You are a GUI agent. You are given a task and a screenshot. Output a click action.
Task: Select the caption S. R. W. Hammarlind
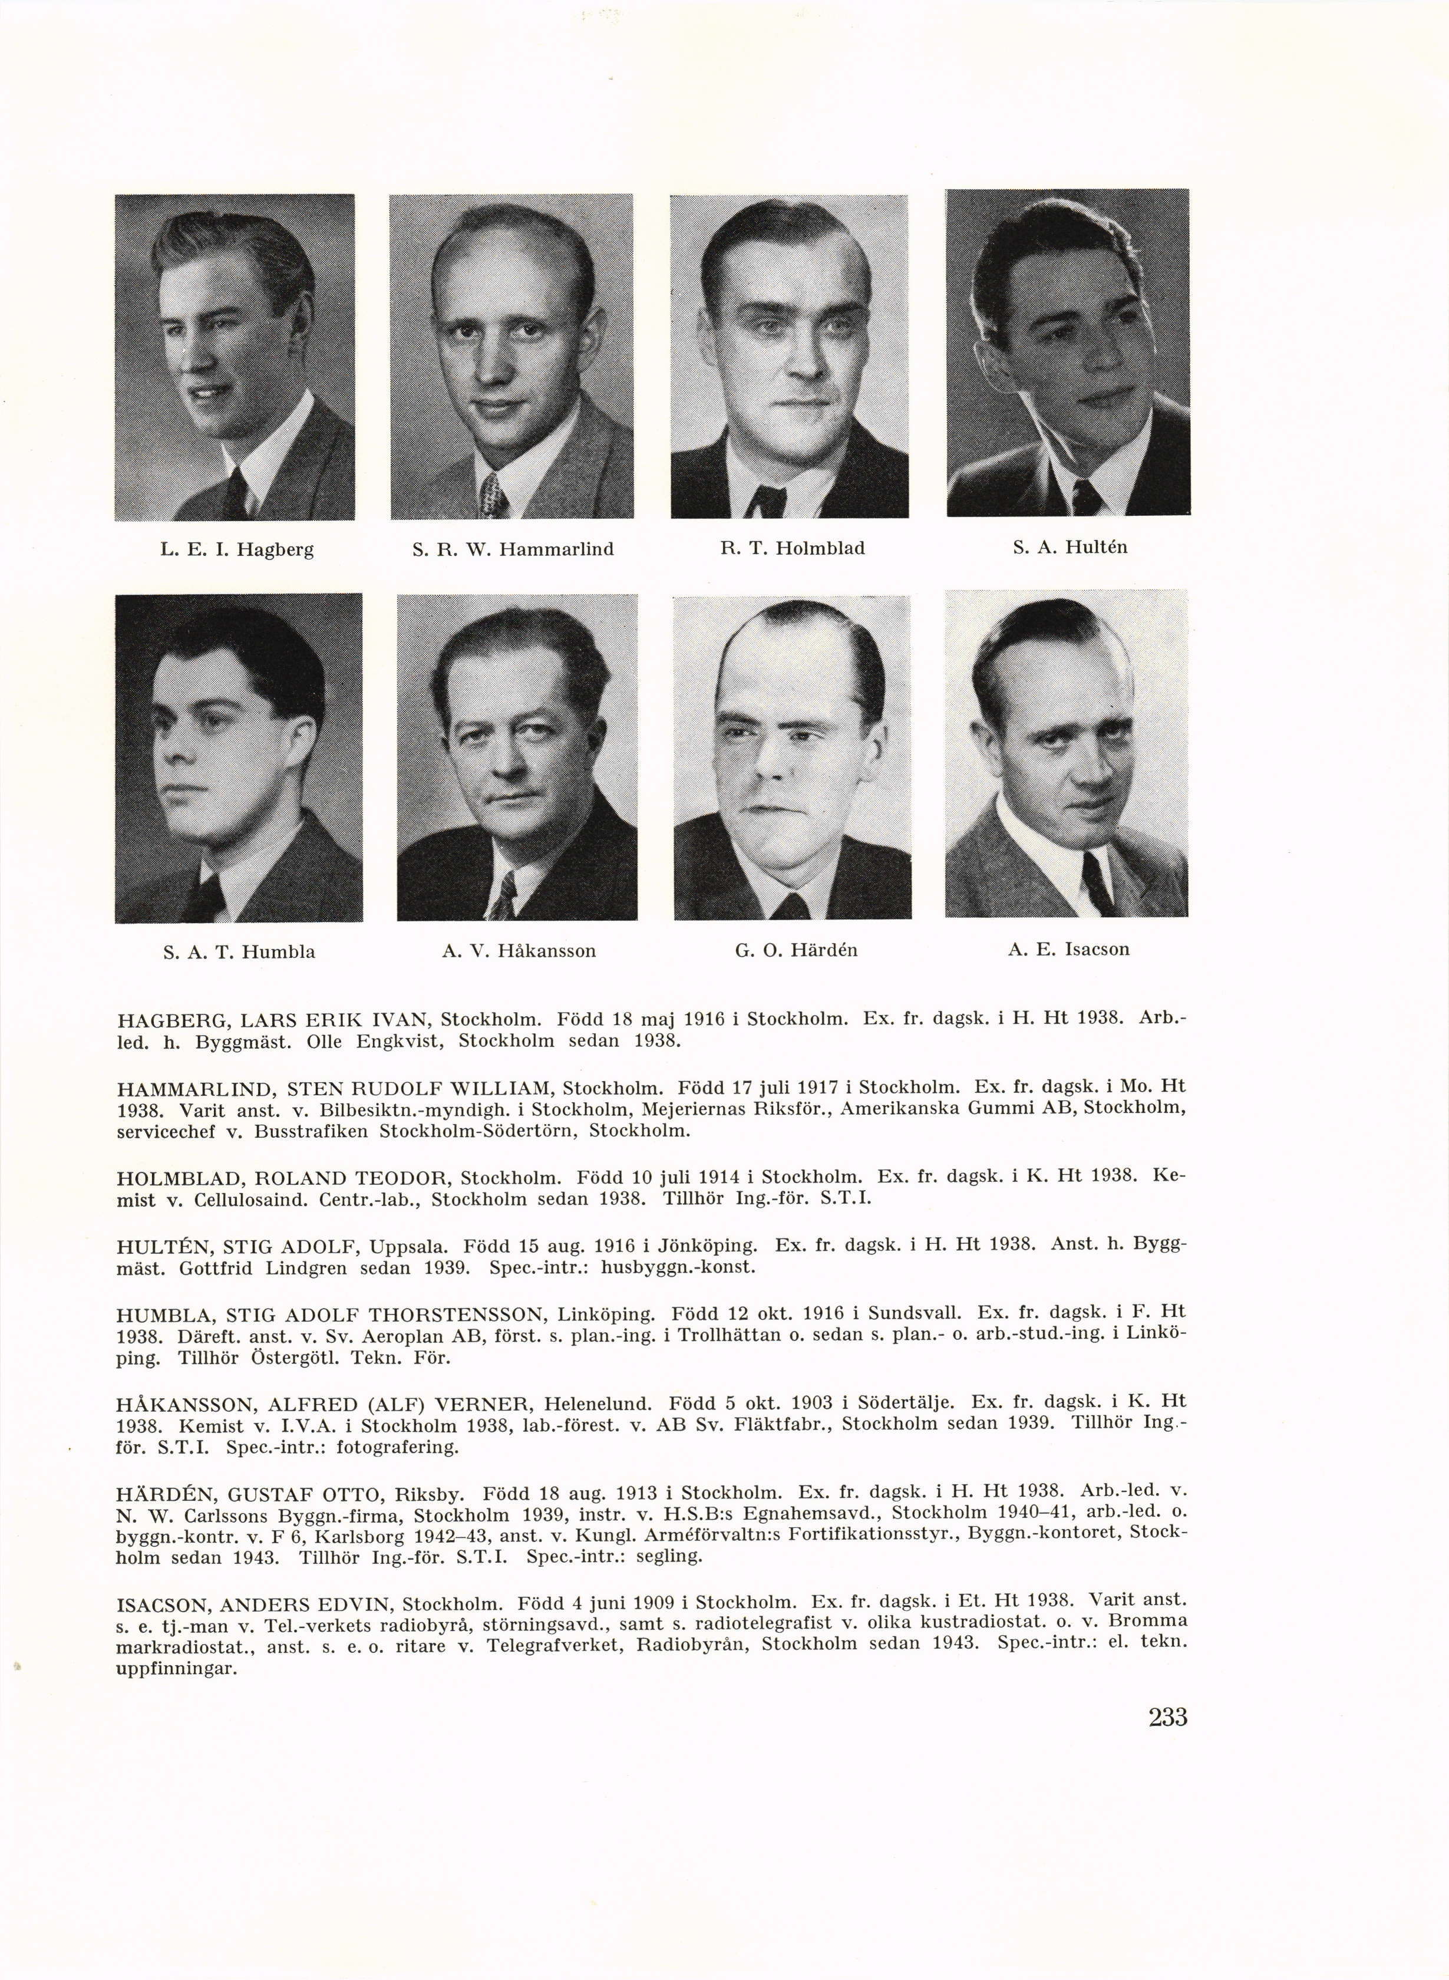click(x=512, y=550)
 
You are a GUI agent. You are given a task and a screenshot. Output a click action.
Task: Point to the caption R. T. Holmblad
click(x=792, y=548)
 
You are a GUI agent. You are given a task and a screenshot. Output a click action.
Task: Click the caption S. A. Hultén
click(x=1069, y=548)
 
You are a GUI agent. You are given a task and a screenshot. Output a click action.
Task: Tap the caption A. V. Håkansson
click(x=519, y=951)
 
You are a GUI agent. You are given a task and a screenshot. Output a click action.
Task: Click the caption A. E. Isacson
click(x=1068, y=949)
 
